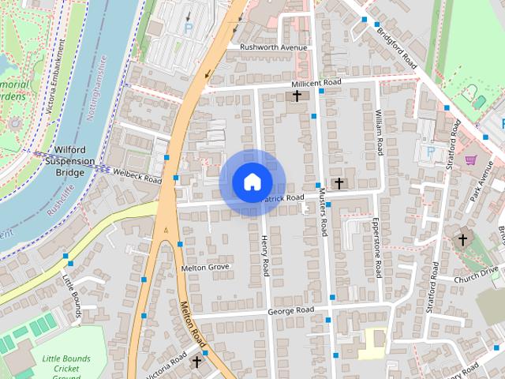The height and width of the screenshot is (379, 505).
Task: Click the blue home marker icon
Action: (x=252, y=182)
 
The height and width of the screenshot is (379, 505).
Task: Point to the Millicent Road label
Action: (x=316, y=83)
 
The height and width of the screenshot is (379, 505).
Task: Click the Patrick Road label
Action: (x=282, y=198)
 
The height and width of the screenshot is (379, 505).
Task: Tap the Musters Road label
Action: (x=322, y=214)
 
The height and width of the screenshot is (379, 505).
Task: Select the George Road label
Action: (x=291, y=310)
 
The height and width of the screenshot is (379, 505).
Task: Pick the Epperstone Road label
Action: (x=377, y=247)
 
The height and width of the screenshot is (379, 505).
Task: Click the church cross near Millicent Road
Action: (x=297, y=96)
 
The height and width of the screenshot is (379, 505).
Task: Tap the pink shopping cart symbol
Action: (x=471, y=159)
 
